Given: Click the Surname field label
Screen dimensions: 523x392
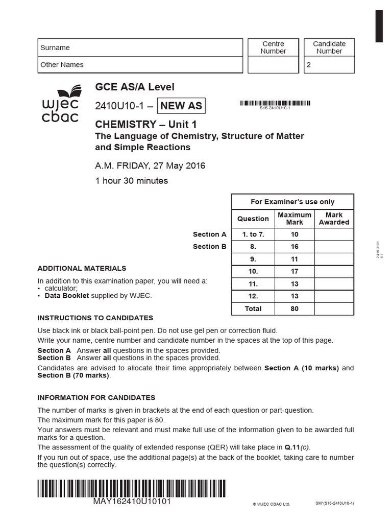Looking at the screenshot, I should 55,47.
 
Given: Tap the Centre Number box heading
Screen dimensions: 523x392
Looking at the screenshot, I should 273,47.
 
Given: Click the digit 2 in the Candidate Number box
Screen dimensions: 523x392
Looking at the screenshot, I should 308,65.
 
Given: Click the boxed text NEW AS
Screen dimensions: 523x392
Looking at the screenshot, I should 182,106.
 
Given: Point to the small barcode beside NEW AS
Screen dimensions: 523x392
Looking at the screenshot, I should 275,103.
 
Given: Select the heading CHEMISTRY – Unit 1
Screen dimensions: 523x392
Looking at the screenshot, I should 145,124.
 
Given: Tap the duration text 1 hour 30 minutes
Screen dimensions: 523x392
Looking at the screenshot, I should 131,180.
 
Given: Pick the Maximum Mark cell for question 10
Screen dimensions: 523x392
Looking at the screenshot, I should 295,271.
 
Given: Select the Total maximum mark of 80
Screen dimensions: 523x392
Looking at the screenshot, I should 295,308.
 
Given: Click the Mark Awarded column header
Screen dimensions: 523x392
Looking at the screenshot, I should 334,219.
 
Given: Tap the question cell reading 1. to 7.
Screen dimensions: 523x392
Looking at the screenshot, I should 253,234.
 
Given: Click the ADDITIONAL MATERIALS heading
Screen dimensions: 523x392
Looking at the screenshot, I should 82,268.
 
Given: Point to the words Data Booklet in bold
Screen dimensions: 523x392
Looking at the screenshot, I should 67,295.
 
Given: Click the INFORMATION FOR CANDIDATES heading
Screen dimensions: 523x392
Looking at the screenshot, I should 96,397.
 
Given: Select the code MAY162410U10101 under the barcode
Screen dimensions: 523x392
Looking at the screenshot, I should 132,502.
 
